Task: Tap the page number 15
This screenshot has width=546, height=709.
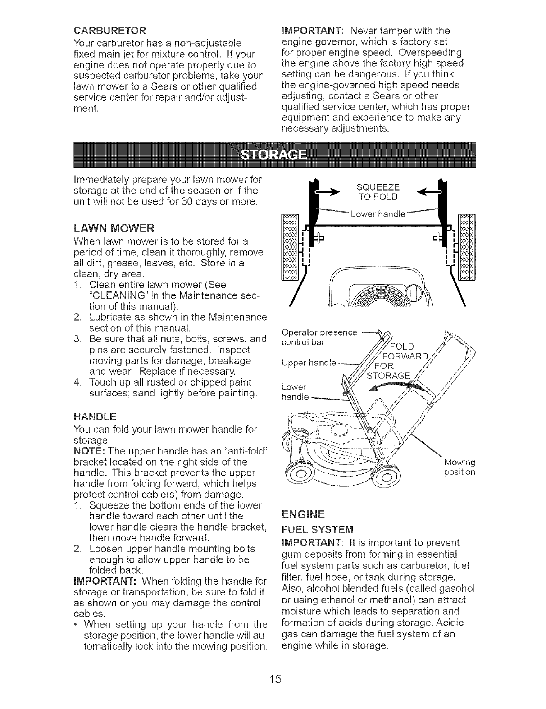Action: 273,678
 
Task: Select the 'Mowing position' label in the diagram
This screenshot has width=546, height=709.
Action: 459,467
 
